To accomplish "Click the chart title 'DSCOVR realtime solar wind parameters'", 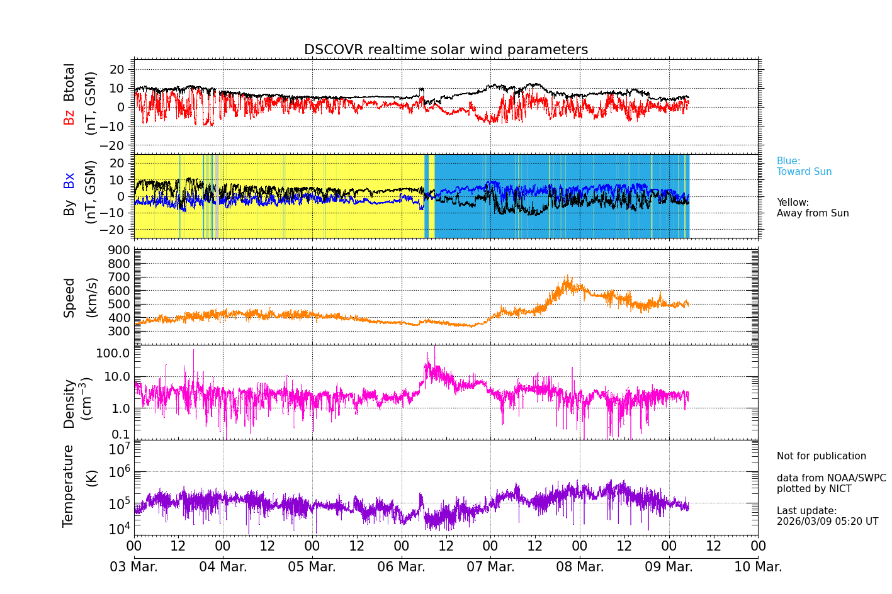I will [x=446, y=50].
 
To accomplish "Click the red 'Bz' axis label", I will [x=69, y=117].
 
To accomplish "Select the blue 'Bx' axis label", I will [x=69, y=180].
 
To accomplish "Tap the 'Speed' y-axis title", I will [x=69, y=297].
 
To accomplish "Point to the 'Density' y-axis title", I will [x=69, y=403].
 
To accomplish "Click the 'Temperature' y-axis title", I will [x=69, y=485].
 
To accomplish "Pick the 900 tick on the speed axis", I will [x=121, y=250].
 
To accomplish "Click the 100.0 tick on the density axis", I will [x=113, y=353].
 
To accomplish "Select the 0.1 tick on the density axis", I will [x=121, y=434].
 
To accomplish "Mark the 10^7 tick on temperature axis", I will [x=120, y=449].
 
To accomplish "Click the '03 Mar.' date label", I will [x=133, y=567].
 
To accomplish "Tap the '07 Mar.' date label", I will [x=490, y=567].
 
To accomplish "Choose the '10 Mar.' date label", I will [x=758, y=567].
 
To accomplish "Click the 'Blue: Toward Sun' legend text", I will [x=804, y=167].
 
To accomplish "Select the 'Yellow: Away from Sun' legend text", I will [x=812, y=208].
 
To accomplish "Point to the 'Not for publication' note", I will [x=821, y=456].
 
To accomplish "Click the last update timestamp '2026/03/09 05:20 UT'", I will [x=827, y=522].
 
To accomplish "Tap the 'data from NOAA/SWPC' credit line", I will [x=831, y=478].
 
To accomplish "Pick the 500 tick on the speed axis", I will [x=121, y=304].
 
